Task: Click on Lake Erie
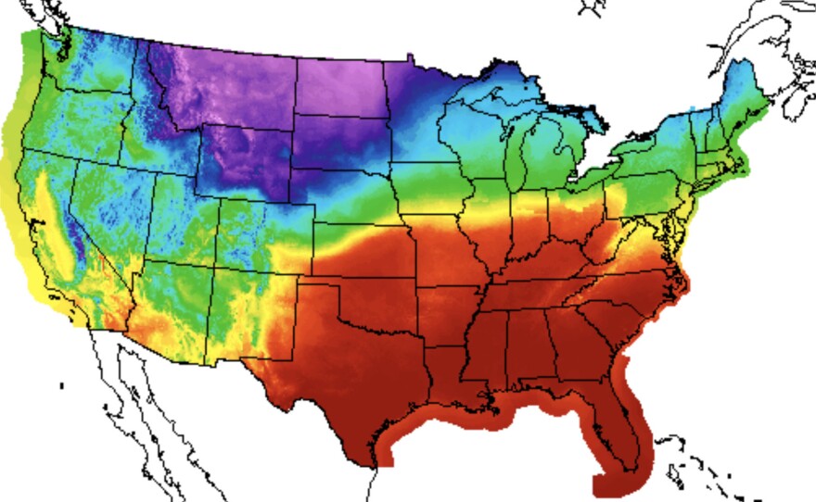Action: [x=607, y=167]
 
